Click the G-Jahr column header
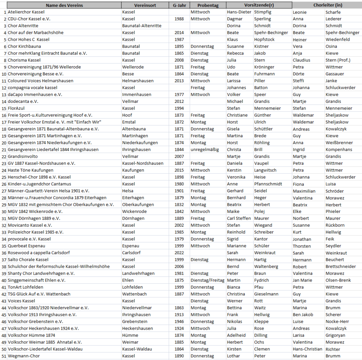(179, 5)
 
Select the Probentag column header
(208, 5)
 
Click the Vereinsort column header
(145, 5)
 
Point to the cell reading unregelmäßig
(205, 150)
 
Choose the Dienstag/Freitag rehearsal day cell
(208, 280)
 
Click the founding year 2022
(179, 253)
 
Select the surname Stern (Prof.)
(338, 60)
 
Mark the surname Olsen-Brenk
(338, 280)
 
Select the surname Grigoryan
(337, 335)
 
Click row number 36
(4, 253)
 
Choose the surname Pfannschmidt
(268, 184)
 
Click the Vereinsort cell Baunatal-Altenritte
(142, 26)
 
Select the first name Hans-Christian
(308, 349)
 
